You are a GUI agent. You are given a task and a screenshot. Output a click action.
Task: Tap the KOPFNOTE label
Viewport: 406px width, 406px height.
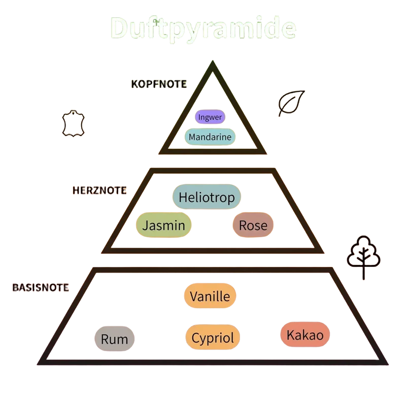pos(159,84)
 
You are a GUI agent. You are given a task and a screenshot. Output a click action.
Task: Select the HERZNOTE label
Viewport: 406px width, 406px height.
pos(99,190)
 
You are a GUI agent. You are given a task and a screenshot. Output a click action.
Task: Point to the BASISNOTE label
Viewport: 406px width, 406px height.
pos(41,287)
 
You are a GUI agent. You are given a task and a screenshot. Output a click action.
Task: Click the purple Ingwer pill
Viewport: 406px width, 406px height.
pos(210,117)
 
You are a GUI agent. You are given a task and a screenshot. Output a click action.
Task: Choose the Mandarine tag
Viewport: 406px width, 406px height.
pos(210,137)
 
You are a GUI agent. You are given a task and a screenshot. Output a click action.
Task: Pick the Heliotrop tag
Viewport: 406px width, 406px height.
pos(207,197)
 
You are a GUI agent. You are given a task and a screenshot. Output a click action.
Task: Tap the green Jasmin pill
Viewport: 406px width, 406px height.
pos(163,225)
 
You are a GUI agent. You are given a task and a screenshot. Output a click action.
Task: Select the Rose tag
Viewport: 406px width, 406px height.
pos(253,225)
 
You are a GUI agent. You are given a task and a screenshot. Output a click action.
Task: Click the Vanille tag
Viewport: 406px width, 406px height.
pos(210,296)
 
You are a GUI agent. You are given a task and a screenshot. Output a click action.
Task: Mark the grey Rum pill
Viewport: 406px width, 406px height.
pos(115,339)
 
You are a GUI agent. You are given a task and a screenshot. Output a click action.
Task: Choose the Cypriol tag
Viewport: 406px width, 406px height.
pos(213,337)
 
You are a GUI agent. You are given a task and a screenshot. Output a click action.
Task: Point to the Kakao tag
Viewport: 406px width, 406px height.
pos(305,334)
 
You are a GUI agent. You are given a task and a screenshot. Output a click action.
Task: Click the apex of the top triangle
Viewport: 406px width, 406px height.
pos(213,61)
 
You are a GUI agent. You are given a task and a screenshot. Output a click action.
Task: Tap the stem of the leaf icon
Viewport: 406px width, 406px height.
pos(280,113)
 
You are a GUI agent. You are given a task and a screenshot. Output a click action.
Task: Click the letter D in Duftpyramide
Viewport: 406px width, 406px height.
pos(119,28)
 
